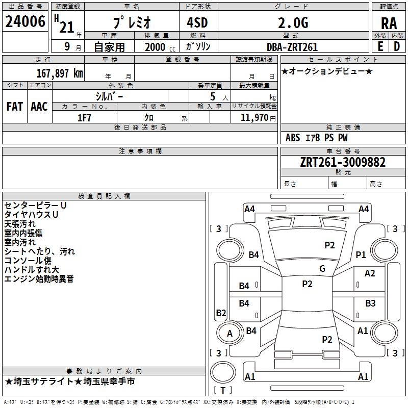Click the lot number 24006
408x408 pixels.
pyautogui.click(x=25, y=21)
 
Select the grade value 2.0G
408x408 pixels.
pyautogui.click(x=293, y=22)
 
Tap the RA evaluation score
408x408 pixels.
pyautogui.click(x=389, y=23)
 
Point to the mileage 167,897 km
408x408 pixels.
pyautogui.click(x=60, y=73)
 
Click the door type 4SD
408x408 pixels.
pyautogui.click(x=197, y=22)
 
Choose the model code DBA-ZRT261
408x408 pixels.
pyautogui.click(x=292, y=47)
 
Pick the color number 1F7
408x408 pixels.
pyautogui.click(x=84, y=118)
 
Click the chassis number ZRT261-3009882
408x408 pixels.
pyautogui.click(x=343, y=162)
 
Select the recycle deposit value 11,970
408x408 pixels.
pyautogui.click(x=254, y=118)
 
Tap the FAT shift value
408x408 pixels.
pyautogui.click(x=15, y=107)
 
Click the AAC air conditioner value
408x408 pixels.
pyautogui.click(x=39, y=107)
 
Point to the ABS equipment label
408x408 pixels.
pyautogui.click(x=293, y=138)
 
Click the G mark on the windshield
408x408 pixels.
pyautogui.click(x=322, y=268)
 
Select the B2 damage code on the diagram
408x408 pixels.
pyautogui.click(x=221, y=313)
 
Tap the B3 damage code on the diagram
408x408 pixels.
pyautogui.click(x=370, y=303)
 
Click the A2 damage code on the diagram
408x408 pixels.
pyautogui.click(x=370, y=273)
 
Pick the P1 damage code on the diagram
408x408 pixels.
pyautogui.click(x=361, y=254)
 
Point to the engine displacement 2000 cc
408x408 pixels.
pyautogui.click(x=160, y=47)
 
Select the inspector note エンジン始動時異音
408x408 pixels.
pyautogui.click(x=39, y=279)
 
